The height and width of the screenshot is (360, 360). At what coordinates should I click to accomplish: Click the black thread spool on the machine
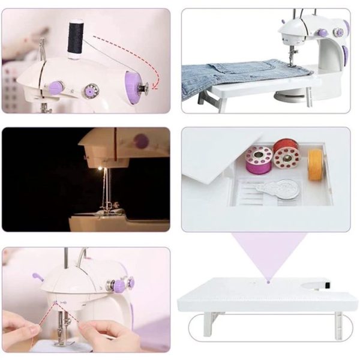[75, 40]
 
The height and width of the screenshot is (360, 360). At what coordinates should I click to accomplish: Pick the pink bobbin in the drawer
[259, 158]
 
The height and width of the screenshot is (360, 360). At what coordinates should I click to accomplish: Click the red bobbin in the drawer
[286, 154]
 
